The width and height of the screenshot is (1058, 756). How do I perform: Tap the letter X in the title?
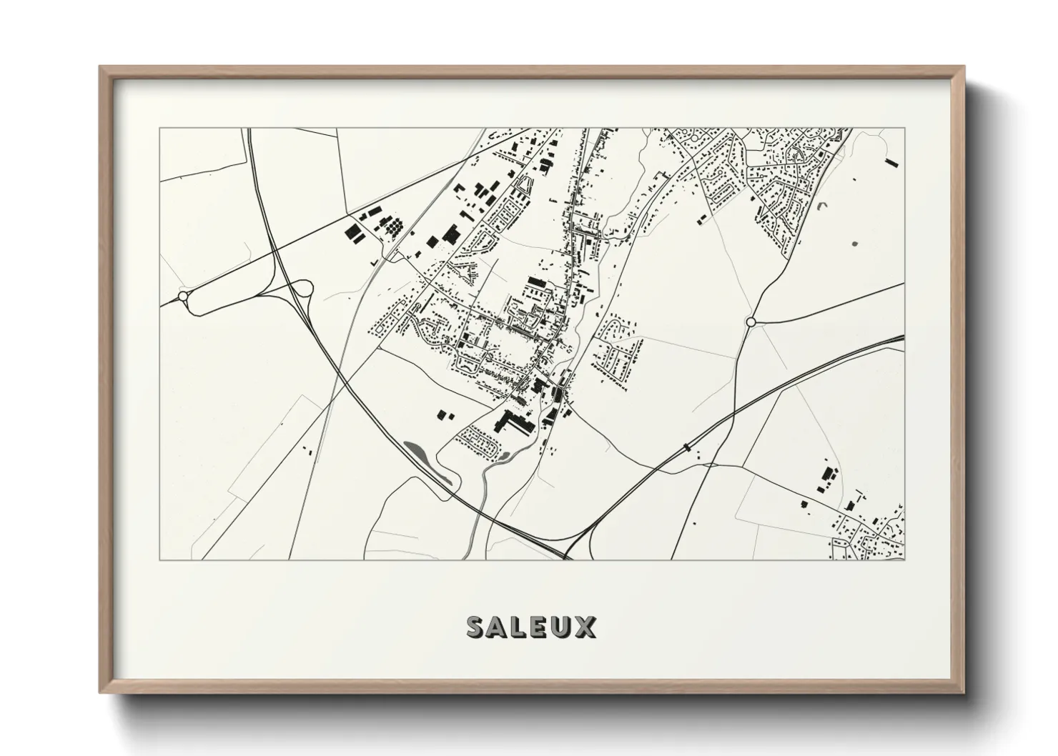click(585, 627)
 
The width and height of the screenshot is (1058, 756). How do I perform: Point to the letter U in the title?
click(563, 627)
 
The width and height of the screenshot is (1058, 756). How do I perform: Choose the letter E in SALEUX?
click(540, 627)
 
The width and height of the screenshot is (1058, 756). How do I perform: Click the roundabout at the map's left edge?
click(183, 296)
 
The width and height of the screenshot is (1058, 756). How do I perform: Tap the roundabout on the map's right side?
click(751, 322)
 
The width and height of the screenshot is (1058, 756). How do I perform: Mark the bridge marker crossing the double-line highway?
click(687, 447)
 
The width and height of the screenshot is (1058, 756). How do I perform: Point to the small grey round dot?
click(856, 245)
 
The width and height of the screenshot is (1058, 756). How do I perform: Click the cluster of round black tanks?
click(393, 227)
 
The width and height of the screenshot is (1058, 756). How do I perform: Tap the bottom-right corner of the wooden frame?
click(963, 692)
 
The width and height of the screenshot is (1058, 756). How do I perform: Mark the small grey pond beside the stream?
click(505, 455)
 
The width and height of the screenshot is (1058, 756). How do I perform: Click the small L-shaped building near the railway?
click(373, 263)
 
